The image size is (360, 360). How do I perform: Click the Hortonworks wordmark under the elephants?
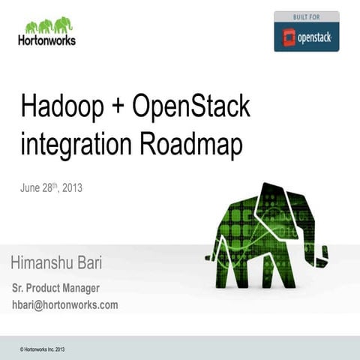coord(46,40)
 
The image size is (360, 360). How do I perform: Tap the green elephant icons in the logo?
coord(47,25)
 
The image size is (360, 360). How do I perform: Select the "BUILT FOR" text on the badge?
coord(306,16)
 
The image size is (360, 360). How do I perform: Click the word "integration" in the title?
coord(78,144)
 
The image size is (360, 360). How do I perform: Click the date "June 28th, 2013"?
coord(51,187)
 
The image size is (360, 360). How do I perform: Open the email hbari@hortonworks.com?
coord(64,304)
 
